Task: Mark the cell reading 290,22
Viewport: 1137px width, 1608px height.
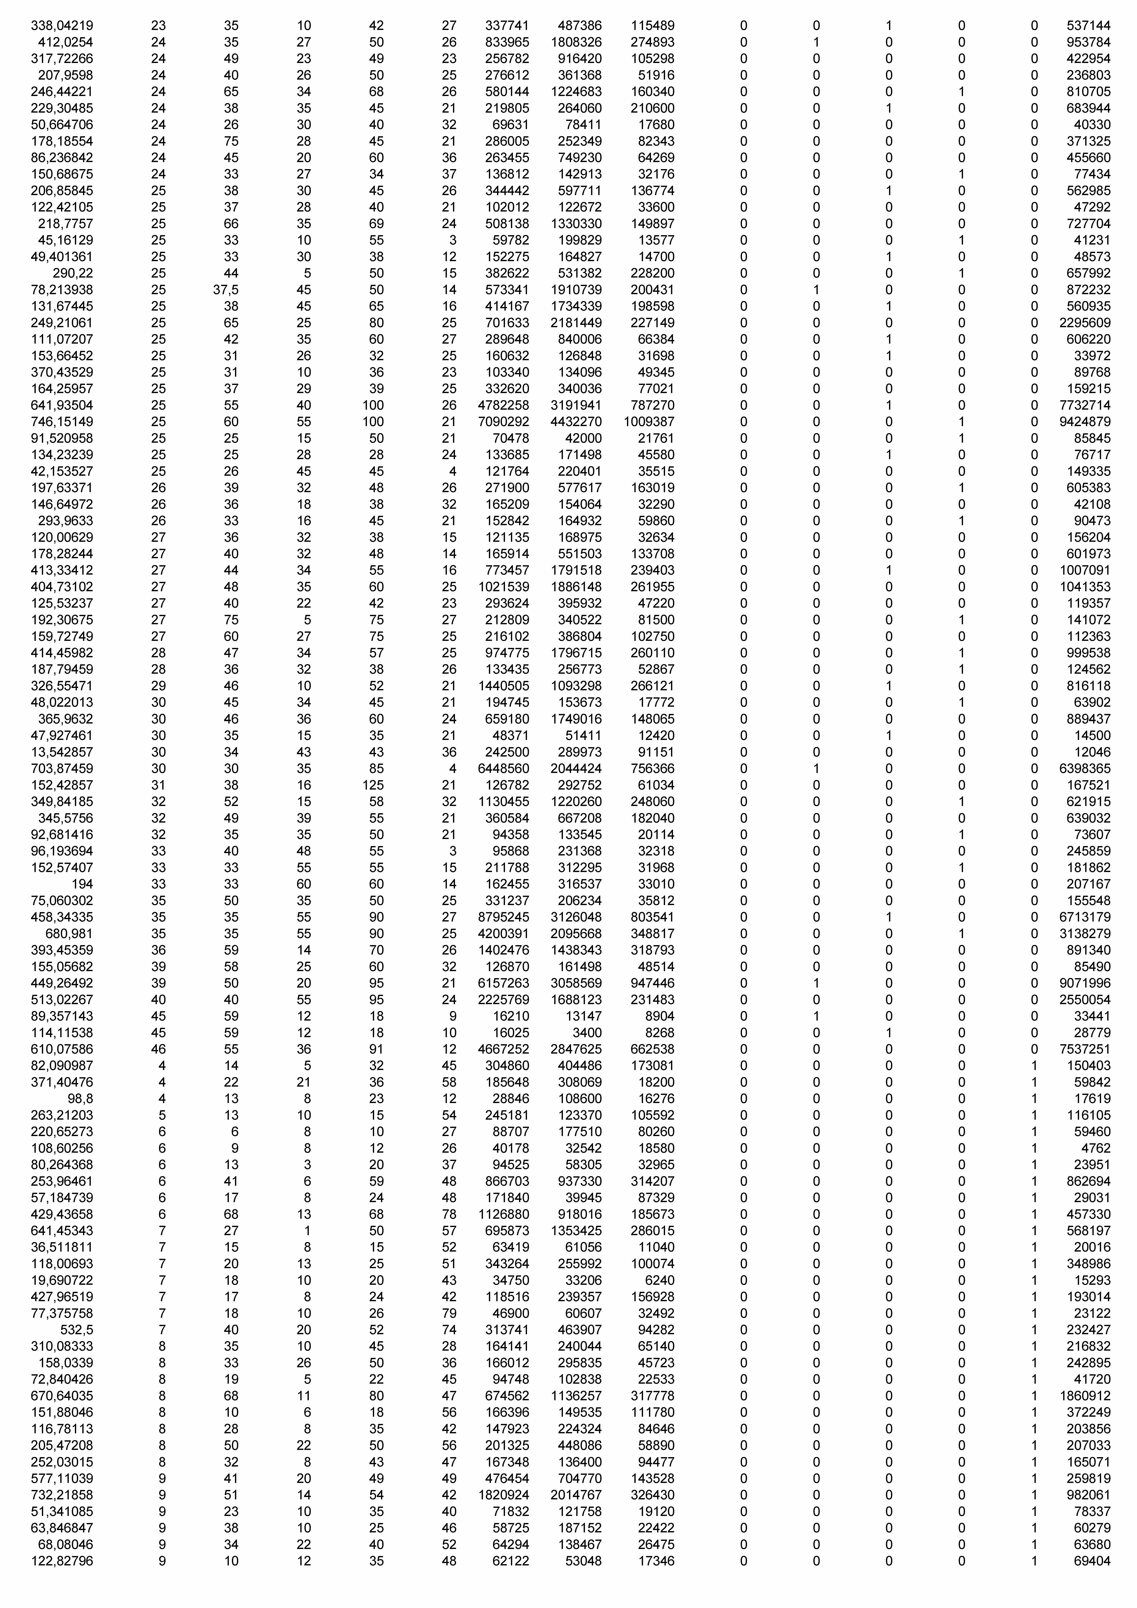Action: point(73,273)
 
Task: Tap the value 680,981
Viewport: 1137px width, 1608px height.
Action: point(69,934)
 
